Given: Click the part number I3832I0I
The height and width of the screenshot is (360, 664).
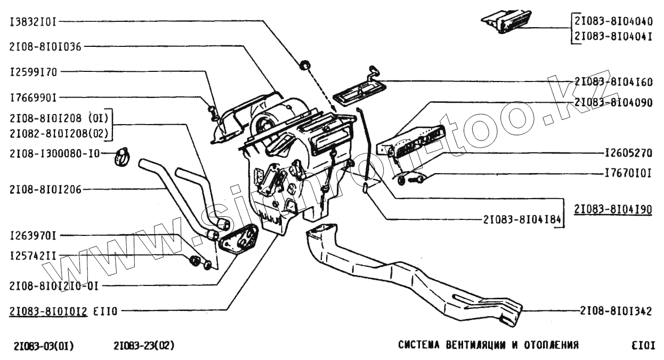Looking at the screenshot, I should coord(33,22).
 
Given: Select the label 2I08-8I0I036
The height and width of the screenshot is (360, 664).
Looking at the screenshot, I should coord(45,46).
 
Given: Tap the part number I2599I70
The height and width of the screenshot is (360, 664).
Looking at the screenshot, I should coord(33,72).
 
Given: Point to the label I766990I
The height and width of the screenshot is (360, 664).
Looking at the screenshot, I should coord(33,97).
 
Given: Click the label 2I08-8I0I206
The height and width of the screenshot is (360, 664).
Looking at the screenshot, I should coord(45,189).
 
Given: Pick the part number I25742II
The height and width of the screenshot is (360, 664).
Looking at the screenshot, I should coord(33,256).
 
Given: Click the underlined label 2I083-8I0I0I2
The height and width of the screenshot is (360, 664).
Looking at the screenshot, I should coord(48,311).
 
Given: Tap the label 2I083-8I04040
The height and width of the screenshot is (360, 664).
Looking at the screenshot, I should coord(613,22).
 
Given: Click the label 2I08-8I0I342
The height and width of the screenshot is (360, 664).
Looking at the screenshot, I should coord(617,311).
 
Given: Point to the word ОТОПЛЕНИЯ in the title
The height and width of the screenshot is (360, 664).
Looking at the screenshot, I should coord(553,345).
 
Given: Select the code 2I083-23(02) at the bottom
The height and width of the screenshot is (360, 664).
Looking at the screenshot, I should coord(144,346).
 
